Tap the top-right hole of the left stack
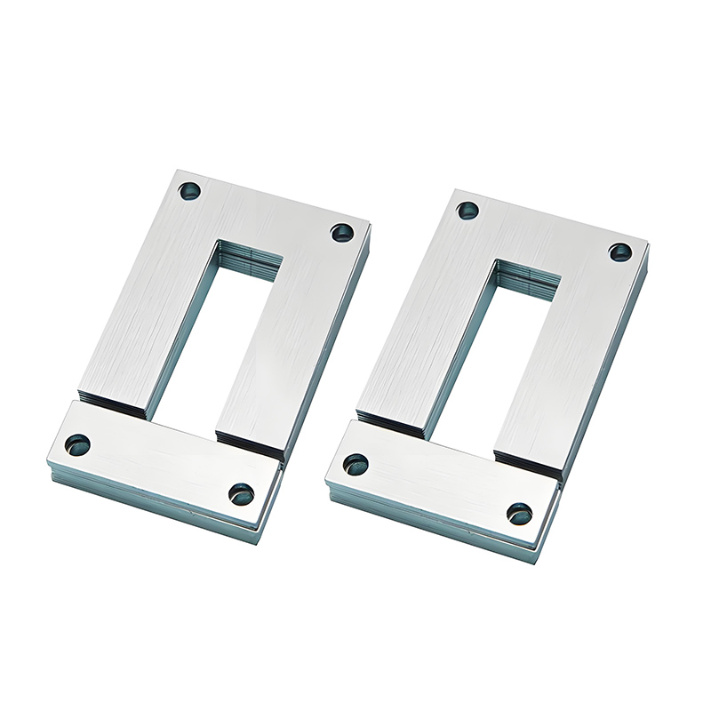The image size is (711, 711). tap(341, 232)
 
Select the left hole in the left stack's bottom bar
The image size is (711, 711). tap(78, 443)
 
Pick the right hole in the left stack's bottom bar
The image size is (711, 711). tap(241, 494)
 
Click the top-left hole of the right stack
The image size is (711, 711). tap(467, 212)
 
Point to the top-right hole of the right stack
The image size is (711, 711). tap(619, 252)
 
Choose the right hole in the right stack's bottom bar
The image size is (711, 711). tap(520, 513)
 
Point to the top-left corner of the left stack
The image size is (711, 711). tap(176, 168)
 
